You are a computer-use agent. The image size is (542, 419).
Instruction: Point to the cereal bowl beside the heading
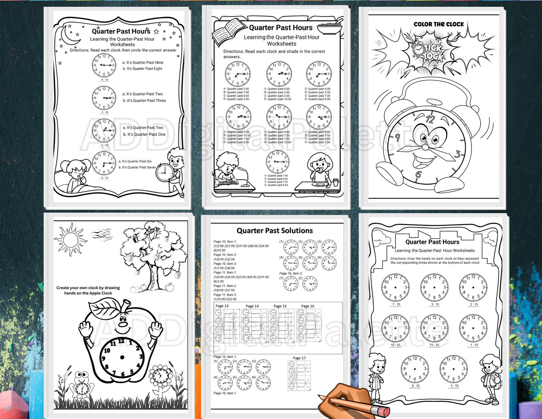point(329,28)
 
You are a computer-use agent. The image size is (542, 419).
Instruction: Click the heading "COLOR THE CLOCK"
point(439,24)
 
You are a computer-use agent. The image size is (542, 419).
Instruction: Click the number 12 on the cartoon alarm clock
point(430,119)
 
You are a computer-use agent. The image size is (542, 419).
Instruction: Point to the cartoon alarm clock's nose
point(425,147)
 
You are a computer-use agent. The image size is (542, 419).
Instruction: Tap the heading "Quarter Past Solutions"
point(275,231)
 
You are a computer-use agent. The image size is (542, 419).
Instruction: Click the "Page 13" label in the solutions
point(222,306)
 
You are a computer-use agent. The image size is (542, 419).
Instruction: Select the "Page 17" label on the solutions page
point(299,358)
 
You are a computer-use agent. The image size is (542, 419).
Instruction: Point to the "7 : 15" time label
point(396,304)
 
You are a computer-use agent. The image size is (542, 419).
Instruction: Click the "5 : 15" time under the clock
point(454,386)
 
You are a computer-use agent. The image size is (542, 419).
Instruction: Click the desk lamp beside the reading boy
point(244,174)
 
